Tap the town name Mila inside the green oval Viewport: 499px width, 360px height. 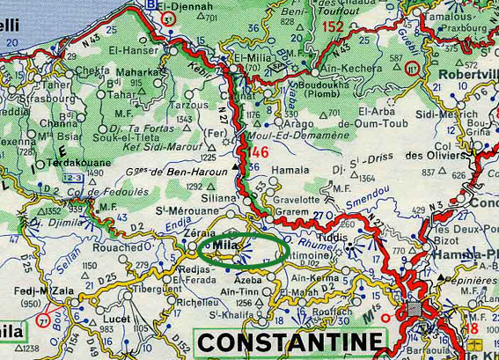pos(226,248)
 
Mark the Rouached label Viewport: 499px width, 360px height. pos(116,247)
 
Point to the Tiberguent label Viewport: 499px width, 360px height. pos(158,287)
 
